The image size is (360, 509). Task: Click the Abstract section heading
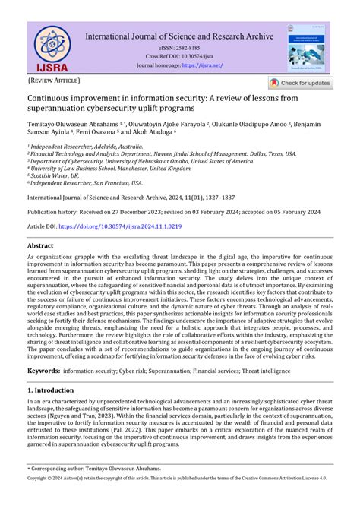click(x=40, y=246)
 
